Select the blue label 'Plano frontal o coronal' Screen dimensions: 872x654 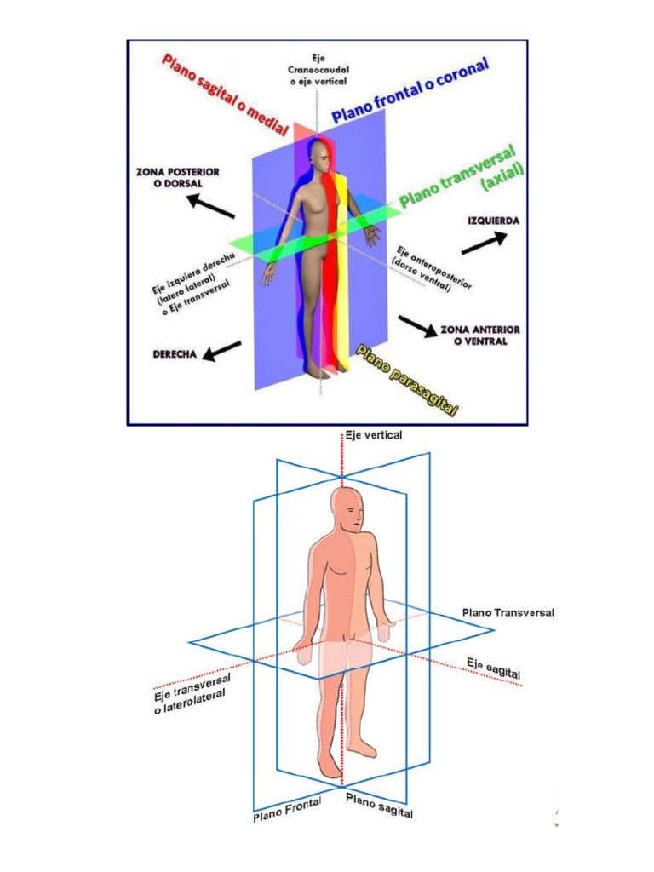410,91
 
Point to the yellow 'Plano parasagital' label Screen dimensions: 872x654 406,380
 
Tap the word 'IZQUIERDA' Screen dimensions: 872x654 493,221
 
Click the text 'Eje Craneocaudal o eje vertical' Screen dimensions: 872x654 319,67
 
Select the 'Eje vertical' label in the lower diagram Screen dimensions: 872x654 373,435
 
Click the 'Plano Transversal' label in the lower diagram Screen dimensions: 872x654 508,612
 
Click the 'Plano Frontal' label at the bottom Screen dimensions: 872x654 286,811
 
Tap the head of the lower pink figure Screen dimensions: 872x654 347,511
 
